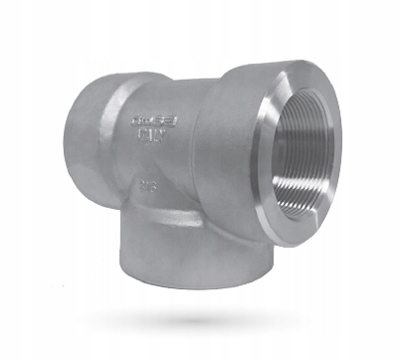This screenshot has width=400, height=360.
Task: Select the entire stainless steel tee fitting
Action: (x=199, y=169)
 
